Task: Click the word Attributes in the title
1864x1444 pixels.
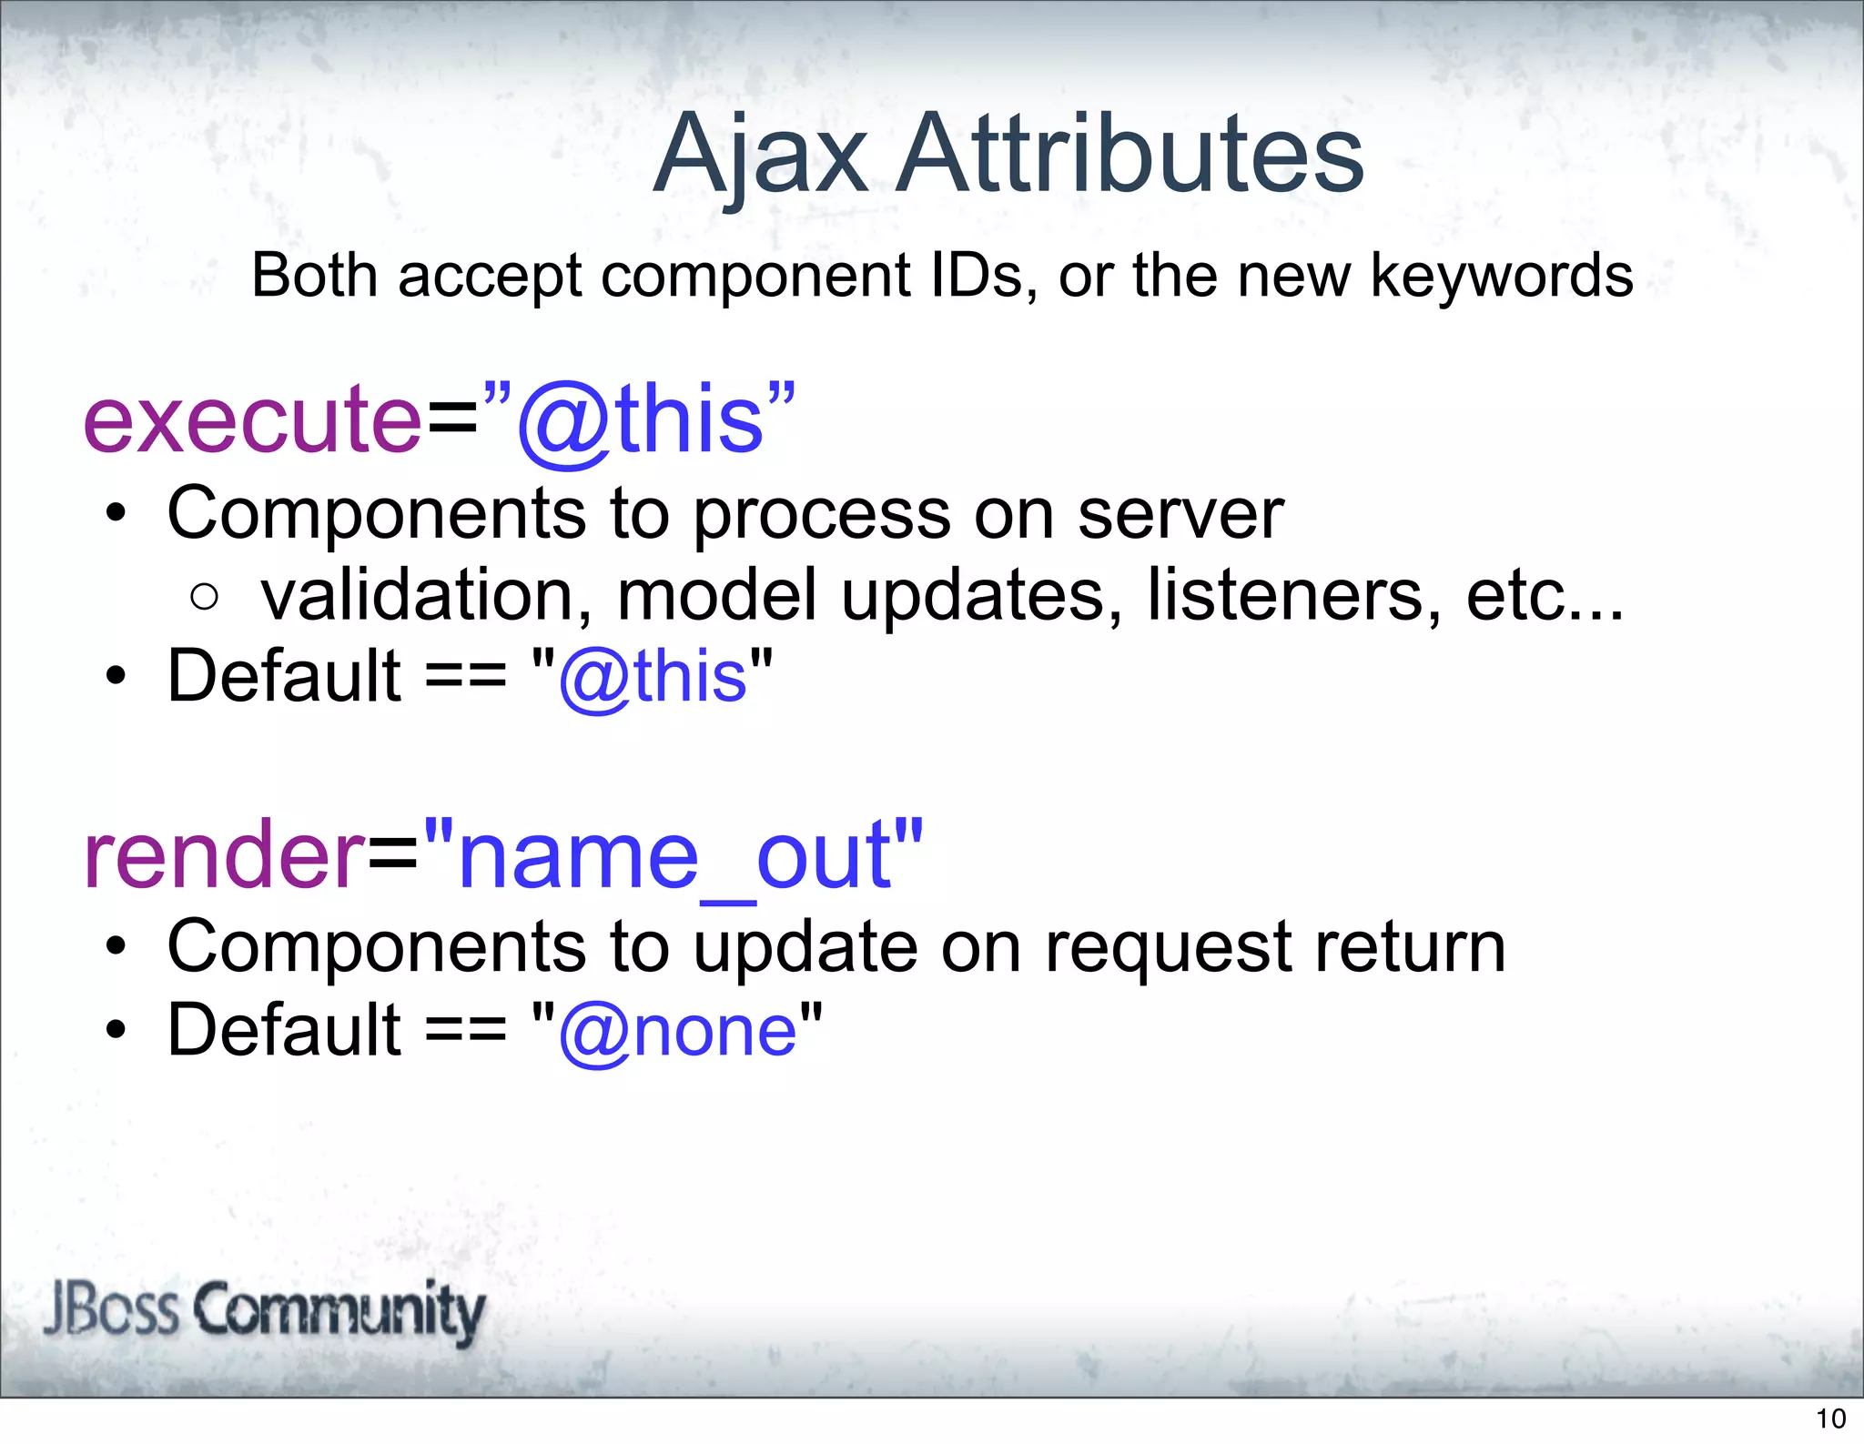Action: (1130, 155)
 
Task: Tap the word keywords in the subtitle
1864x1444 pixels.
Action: (1501, 276)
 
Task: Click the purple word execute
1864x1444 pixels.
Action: (252, 419)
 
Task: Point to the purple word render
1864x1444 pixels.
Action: (223, 855)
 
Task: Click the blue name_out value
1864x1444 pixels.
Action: (674, 855)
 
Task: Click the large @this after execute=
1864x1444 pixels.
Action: (642, 419)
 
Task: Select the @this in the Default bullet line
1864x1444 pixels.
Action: (653, 677)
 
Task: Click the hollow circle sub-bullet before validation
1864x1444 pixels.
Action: (205, 597)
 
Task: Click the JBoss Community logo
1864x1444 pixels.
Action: (264, 1310)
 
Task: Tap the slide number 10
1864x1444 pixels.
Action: (1830, 1419)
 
